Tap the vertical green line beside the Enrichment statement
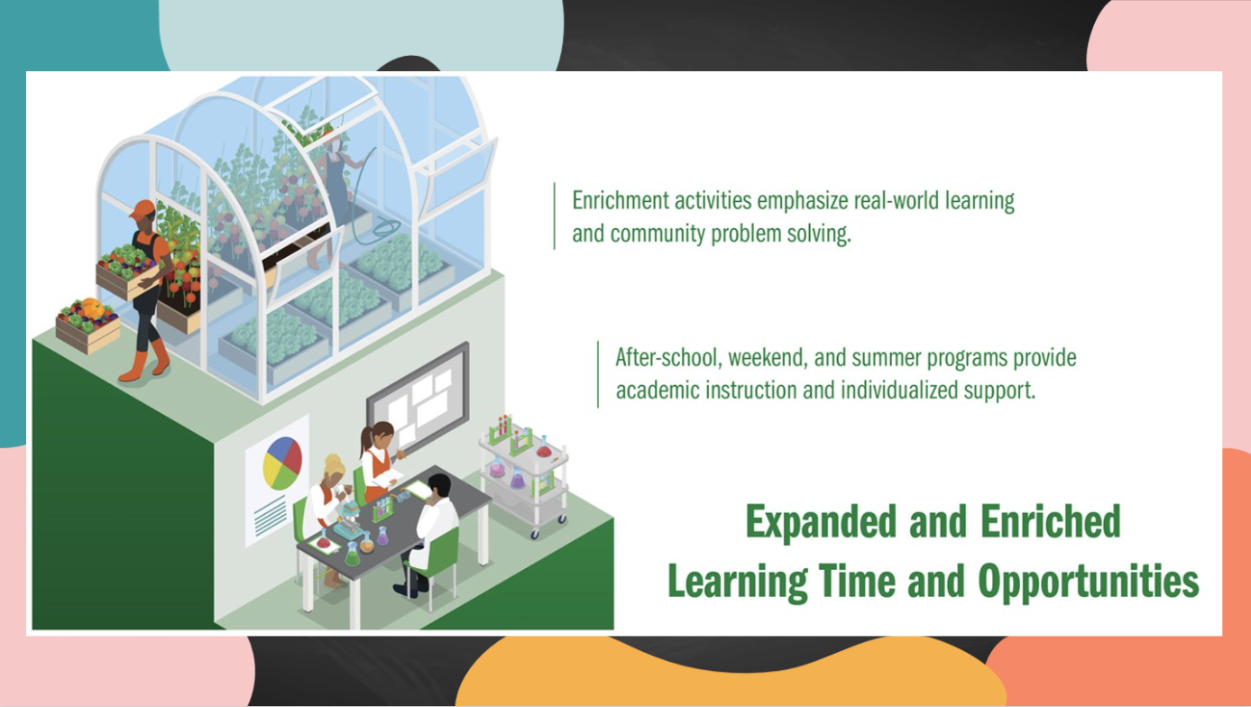554,216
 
